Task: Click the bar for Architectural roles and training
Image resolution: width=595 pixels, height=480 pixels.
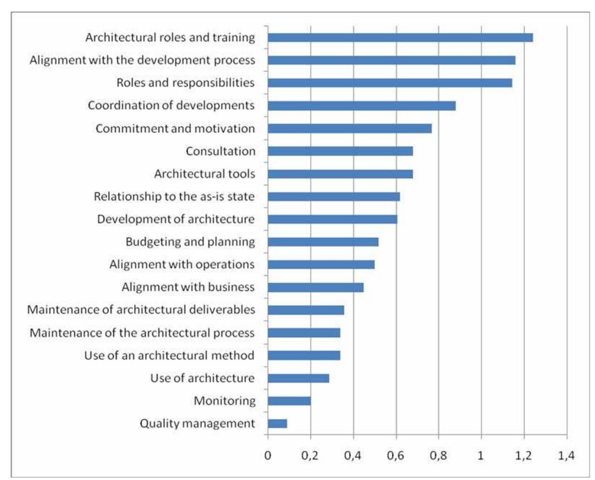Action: (400, 38)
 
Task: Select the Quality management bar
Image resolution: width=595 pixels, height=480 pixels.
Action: (277, 424)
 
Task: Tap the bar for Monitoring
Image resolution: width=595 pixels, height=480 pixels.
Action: (290, 401)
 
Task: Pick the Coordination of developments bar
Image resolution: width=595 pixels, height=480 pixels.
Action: (361, 106)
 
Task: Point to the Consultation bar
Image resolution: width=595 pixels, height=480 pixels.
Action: (340, 151)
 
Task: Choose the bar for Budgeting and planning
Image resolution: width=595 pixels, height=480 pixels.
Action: (323, 242)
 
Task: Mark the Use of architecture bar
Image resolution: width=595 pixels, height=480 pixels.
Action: (298, 378)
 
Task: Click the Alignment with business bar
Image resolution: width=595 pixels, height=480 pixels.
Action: (316, 287)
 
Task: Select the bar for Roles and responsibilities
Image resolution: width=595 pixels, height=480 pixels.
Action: (390, 83)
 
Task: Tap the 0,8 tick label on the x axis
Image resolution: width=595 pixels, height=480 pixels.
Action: (438, 455)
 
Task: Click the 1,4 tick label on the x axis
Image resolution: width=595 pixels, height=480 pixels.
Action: (566, 455)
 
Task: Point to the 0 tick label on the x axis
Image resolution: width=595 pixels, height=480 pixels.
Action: (268, 455)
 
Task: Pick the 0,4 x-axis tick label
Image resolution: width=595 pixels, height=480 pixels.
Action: (353, 455)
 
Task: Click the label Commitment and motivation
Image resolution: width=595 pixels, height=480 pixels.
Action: (175, 128)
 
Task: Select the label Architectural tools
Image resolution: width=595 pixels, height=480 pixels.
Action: (205, 174)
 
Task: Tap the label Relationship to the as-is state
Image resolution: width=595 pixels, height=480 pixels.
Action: (174, 197)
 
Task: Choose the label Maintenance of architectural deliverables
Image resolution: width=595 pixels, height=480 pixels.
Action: (141, 310)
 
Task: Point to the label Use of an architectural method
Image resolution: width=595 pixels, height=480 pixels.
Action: (169, 355)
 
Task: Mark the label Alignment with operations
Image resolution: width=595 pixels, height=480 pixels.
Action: (182, 265)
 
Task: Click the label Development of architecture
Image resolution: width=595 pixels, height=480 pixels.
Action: (176, 219)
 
